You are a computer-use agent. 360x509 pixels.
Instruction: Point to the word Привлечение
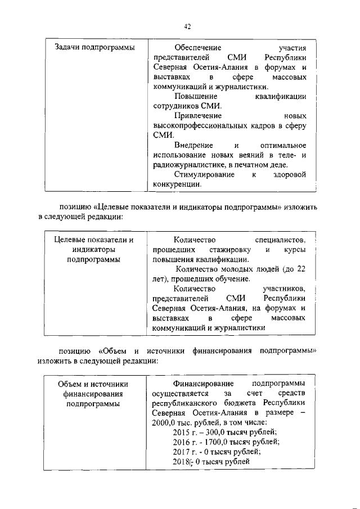pyautogui.click(x=198, y=115)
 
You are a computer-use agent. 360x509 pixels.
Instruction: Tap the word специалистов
pyautogui.click(x=280, y=240)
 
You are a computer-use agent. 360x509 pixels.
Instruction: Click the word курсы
pyautogui.click(x=295, y=249)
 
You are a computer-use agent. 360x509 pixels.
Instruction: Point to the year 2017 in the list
pyautogui.click(x=183, y=452)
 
